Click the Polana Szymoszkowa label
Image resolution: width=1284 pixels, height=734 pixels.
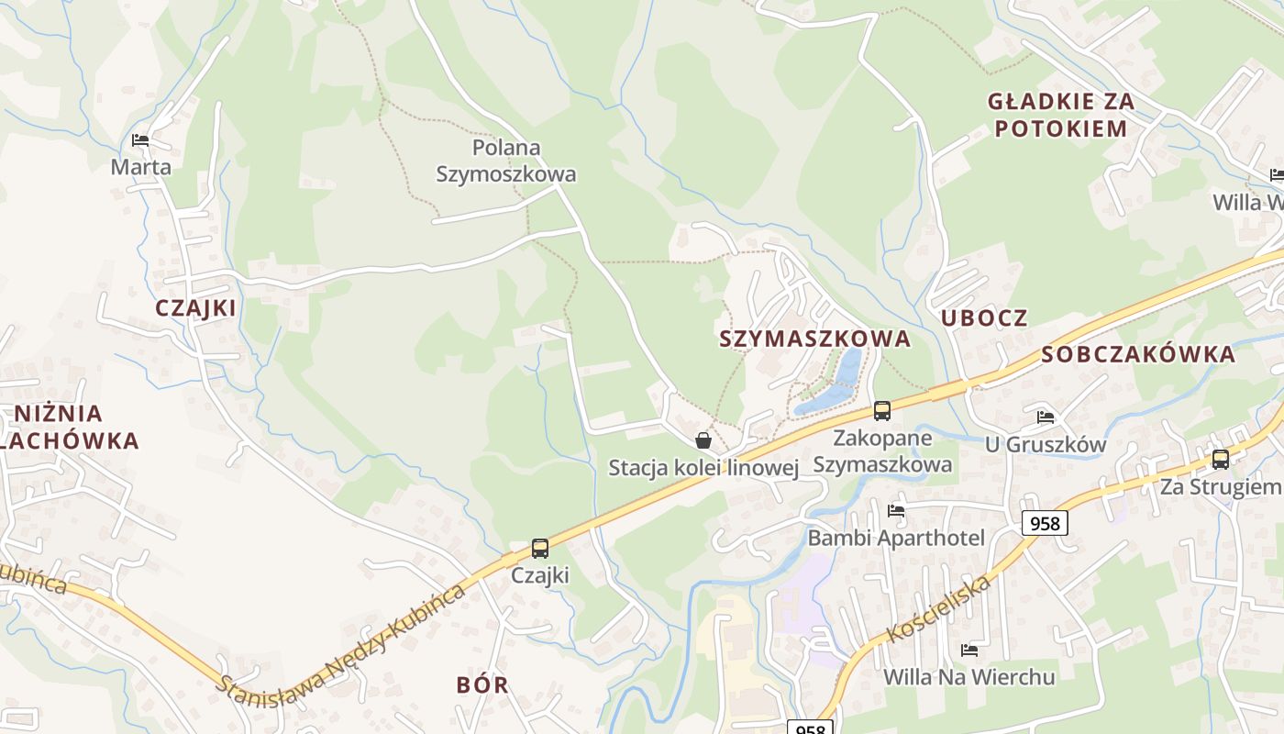point(506,161)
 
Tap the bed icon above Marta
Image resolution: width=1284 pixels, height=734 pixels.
point(140,140)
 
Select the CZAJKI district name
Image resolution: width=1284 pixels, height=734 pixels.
point(195,308)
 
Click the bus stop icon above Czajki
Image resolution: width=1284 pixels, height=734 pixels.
point(540,549)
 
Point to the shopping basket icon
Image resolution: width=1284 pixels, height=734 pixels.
point(703,440)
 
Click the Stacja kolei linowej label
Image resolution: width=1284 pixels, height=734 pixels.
point(703,468)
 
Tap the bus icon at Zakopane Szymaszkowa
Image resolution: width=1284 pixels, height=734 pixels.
point(882,410)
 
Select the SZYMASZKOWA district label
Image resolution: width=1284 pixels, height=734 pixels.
point(814,339)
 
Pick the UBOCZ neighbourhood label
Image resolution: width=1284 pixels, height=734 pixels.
point(984,318)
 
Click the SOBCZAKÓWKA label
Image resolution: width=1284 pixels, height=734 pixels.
point(1138,355)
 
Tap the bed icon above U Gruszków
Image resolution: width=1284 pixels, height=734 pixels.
point(1046,417)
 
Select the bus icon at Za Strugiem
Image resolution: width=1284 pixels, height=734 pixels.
point(1221,459)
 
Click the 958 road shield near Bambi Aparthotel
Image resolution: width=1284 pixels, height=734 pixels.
point(1045,523)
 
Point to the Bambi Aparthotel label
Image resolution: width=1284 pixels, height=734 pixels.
point(895,538)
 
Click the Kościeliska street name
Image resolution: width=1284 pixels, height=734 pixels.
point(940,609)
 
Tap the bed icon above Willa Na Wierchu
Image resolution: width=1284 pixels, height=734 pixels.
point(969,651)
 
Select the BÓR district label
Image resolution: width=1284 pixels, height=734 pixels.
point(482,684)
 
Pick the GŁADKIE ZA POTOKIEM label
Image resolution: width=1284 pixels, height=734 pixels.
point(1060,115)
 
